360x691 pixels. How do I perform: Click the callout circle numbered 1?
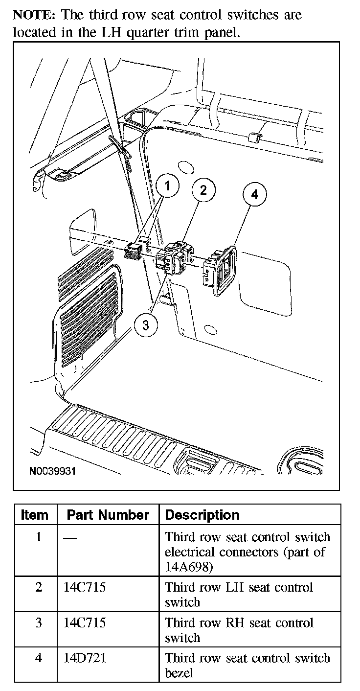click(x=168, y=186)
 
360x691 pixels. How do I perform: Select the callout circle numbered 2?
click(x=203, y=190)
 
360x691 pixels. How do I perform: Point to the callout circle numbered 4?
click(x=254, y=195)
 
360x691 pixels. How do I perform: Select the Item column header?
click(x=35, y=515)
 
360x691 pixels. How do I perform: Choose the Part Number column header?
click(x=108, y=515)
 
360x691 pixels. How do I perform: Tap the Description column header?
click(x=202, y=515)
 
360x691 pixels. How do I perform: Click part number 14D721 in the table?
click(x=85, y=658)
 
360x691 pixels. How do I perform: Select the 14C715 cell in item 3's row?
click(x=85, y=622)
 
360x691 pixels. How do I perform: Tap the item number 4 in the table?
click(x=39, y=658)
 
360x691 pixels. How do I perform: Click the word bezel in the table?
click(x=179, y=673)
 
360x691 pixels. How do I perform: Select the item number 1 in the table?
click(x=39, y=537)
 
